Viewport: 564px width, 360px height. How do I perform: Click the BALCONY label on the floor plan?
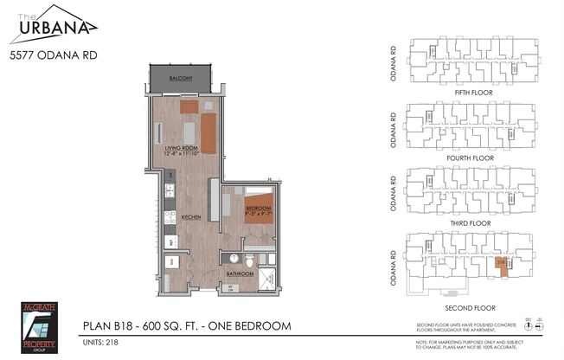click(x=181, y=78)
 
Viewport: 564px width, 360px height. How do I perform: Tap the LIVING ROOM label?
click(x=183, y=148)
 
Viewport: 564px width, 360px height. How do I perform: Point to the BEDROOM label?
click(x=259, y=209)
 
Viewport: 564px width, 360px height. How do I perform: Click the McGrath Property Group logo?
click(x=37, y=325)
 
